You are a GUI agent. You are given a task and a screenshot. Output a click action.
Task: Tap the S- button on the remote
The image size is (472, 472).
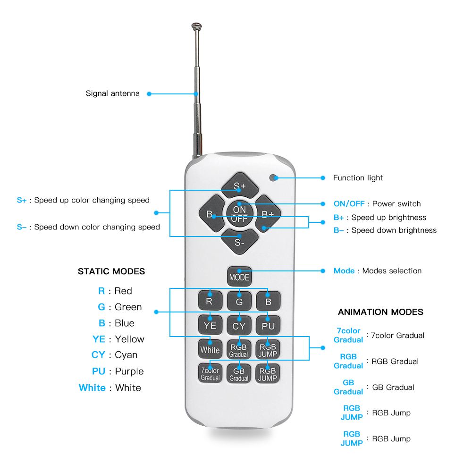pos(239,242)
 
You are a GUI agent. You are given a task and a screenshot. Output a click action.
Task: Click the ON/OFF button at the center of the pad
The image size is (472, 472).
pos(239,214)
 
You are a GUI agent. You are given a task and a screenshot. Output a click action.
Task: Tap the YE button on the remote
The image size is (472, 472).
pos(210,325)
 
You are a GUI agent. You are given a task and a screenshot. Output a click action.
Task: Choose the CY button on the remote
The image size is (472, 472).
pos(239,325)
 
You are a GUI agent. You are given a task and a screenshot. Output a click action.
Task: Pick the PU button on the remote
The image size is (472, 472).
pos(268,325)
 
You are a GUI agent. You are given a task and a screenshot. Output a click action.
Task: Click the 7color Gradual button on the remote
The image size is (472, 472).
pos(210,373)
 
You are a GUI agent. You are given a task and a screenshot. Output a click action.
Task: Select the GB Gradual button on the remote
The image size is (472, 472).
pos(239,373)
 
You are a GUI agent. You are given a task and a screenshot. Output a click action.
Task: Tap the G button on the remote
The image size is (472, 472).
pos(239,301)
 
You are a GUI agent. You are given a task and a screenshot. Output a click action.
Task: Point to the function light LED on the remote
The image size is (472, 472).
pos(273,178)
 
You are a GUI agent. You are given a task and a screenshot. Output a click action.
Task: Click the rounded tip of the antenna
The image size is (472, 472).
pos(196,26)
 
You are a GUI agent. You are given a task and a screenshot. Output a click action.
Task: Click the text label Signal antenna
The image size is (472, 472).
pos(113,93)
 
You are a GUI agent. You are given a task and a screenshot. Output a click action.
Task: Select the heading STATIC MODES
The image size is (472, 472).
pos(111,271)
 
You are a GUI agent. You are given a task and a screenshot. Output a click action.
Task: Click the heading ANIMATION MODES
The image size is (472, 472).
pos(380,312)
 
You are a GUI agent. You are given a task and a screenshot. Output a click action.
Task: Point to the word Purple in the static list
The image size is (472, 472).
pos(129,371)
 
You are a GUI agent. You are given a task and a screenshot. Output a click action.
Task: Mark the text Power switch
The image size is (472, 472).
pos(396,204)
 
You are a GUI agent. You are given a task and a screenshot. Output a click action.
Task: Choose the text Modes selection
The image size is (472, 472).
pos(392,271)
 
